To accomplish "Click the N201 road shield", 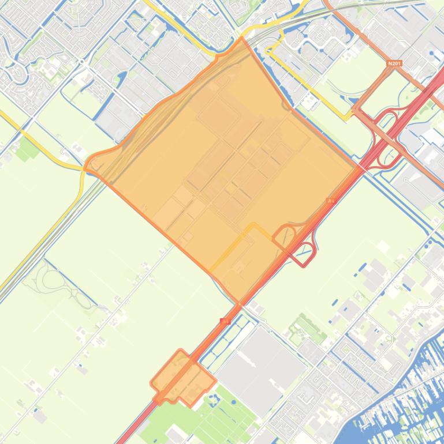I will pyautogui.click(x=394, y=64).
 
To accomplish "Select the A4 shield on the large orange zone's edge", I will pyautogui.click(x=331, y=201).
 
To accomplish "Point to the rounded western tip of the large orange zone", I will pyautogui.click(x=88, y=165).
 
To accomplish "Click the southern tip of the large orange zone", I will pyautogui.click(x=237, y=302).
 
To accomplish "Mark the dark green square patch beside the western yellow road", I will pyautogui.click(x=27, y=149).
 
